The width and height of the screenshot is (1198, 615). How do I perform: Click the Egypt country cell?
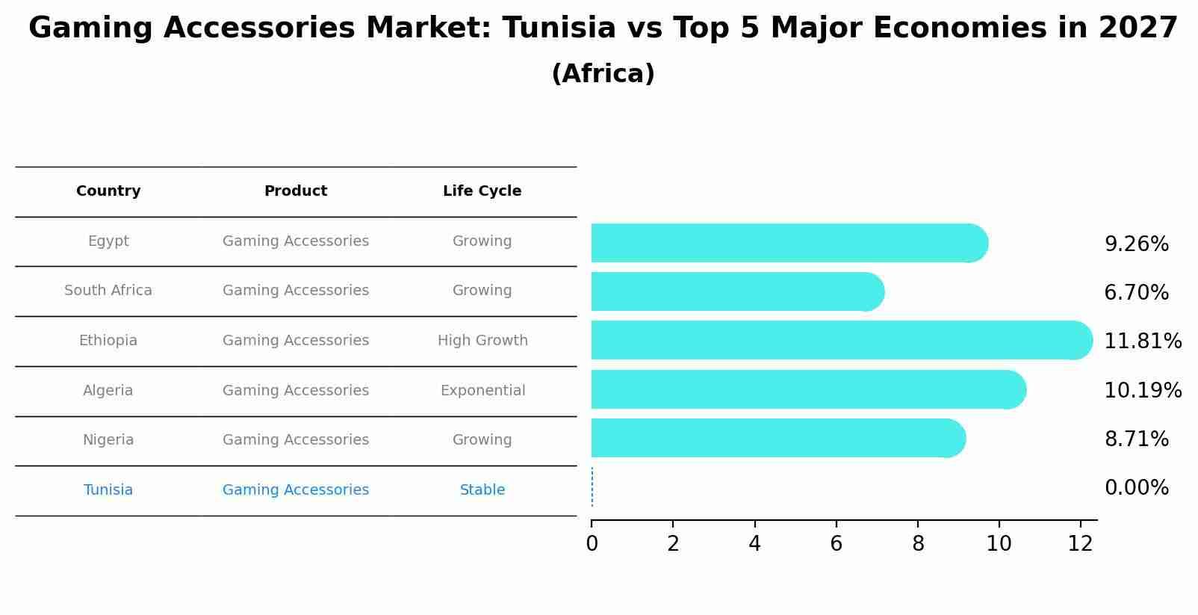[x=108, y=241]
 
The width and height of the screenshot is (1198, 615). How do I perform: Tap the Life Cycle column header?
[x=482, y=191]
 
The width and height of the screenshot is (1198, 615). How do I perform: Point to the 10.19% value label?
[x=1142, y=390]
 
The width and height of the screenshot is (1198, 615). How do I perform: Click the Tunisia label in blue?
[x=108, y=490]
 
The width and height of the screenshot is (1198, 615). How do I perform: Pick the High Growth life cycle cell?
[x=482, y=341]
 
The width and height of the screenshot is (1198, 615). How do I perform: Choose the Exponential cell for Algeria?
[x=482, y=391]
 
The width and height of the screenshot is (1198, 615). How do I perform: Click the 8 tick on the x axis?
[x=918, y=544]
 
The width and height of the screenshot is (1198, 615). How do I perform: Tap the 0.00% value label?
[x=1136, y=488]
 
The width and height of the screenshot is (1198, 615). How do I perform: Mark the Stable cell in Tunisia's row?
[x=482, y=490]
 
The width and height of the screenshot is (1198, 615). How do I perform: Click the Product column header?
[x=296, y=191]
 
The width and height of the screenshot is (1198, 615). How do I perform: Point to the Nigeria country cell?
[x=108, y=440]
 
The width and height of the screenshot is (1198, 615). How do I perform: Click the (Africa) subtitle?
[x=603, y=74]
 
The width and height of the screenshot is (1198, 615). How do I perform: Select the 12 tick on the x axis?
[x=1080, y=544]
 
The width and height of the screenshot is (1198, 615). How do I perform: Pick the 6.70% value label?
[x=1136, y=292]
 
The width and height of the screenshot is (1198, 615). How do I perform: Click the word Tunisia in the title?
[x=559, y=28]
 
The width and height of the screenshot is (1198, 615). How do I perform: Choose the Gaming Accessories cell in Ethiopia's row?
[x=296, y=341]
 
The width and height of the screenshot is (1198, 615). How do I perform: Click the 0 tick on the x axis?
[x=592, y=544]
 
